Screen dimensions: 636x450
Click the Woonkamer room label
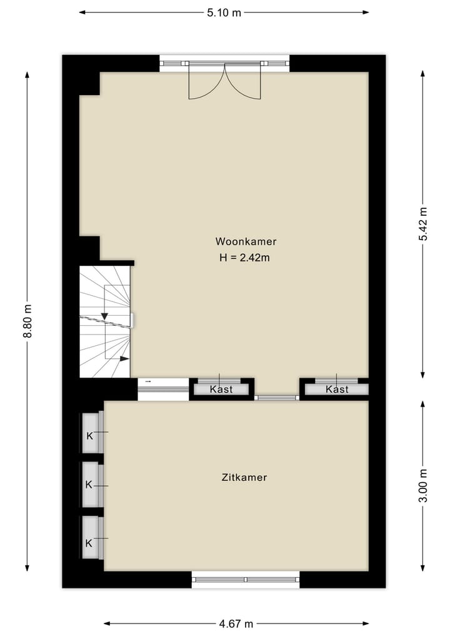click(246, 241)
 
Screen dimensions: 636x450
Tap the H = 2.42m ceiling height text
click(246, 257)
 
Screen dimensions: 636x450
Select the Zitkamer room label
click(244, 477)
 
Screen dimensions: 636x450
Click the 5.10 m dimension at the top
click(224, 13)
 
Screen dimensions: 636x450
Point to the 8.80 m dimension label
click(27, 321)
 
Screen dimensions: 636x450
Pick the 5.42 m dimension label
click(423, 223)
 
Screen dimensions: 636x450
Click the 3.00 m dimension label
click(423, 485)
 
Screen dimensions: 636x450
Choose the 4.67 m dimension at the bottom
click(236, 623)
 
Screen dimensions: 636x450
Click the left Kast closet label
click(221, 390)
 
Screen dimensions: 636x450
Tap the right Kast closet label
click(337, 390)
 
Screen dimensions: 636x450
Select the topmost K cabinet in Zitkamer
click(89, 436)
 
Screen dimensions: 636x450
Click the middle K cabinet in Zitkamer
click(89, 485)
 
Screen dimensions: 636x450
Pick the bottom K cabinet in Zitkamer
click(89, 543)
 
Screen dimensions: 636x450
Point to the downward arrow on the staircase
click(104, 316)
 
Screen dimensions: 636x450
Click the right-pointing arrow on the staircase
click(124, 359)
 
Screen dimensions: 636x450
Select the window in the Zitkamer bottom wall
click(246, 580)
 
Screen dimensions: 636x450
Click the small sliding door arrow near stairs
click(148, 381)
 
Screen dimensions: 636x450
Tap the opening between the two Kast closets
click(277, 397)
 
